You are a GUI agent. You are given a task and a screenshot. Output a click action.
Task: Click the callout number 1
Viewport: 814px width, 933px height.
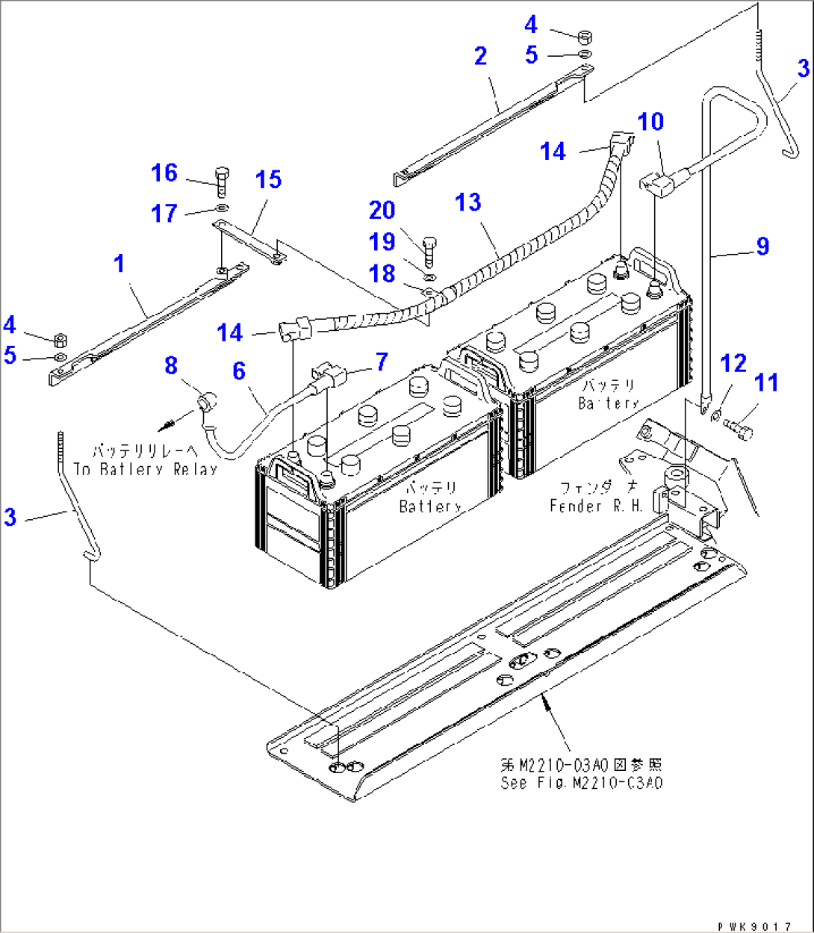pyautogui.click(x=119, y=264)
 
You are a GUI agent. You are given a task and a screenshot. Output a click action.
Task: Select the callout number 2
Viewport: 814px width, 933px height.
pyautogui.click(x=480, y=56)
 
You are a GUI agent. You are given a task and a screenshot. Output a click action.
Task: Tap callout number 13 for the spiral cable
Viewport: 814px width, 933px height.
pyautogui.click(x=468, y=202)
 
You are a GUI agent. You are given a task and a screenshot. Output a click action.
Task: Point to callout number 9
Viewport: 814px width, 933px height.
pyautogui.click(x=762, y=246)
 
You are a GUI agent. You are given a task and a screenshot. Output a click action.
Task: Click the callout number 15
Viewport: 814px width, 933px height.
pyautogui.click(x=268, y=180)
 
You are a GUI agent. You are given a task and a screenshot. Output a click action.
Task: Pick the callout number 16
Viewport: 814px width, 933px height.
pyautogui.click(x=164, y=173)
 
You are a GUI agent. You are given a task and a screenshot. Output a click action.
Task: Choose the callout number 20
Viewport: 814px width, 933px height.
pyautogui.click(x=382, y=210)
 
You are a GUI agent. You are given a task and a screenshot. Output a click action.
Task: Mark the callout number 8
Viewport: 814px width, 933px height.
pyautogui.click(x=171, y=365)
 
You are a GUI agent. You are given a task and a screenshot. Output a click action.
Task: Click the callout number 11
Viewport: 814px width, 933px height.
pyautogui.click(x=765, y=383)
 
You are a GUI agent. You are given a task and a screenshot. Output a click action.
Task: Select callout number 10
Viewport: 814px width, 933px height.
pyautogui.click(x=650, y=122)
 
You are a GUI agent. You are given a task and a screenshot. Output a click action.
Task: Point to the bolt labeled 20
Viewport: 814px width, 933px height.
pyautogui.click(x=429, y=252)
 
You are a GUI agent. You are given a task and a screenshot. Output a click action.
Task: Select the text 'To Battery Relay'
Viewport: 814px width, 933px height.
pyautogui.click(x=146, y=469)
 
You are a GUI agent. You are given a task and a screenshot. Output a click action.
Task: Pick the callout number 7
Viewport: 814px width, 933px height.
pyautogui.click(x=382, y=362)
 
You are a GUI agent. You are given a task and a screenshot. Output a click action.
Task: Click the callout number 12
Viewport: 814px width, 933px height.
pyautogui.click(x=733, y=364)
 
